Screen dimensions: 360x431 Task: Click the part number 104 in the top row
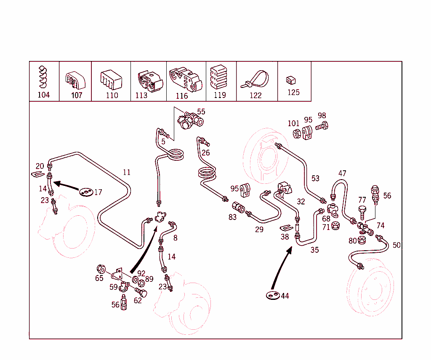pos(44,95)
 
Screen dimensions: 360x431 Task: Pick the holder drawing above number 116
pos(185,79)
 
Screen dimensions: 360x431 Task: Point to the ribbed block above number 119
pos(219,77)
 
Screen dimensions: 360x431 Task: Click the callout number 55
pos(201,111)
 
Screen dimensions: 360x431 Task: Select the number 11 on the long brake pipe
pos(127,172)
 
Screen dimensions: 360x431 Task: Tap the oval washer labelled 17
pos(86,192)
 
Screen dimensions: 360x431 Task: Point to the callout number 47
pos(342,173)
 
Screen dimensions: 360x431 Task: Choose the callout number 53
pos(315,179)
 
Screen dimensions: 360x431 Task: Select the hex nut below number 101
pos(296,134)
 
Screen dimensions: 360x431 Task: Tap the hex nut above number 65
pos(101,268)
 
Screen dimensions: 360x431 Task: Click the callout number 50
pos(396,245)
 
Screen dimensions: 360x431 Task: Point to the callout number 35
pos(314,250)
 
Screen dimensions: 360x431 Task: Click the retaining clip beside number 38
pos(287,228)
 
